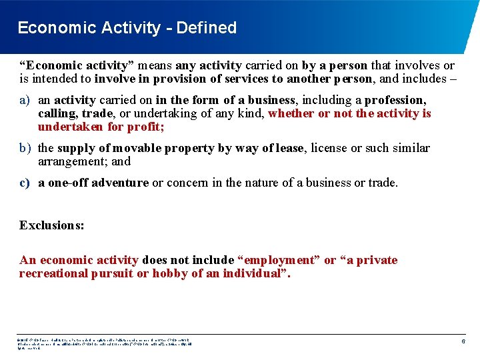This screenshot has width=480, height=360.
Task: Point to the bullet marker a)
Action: coord(25,100)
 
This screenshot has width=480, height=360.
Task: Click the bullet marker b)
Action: coord(25,148)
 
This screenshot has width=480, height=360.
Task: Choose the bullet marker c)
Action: coord(25,183)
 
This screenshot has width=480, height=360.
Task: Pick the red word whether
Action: coord(291,113)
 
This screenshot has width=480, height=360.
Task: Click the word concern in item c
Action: coord(188,183)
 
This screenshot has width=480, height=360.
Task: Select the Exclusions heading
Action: coord(52,225)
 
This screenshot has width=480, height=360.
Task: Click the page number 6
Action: coord(463,342)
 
